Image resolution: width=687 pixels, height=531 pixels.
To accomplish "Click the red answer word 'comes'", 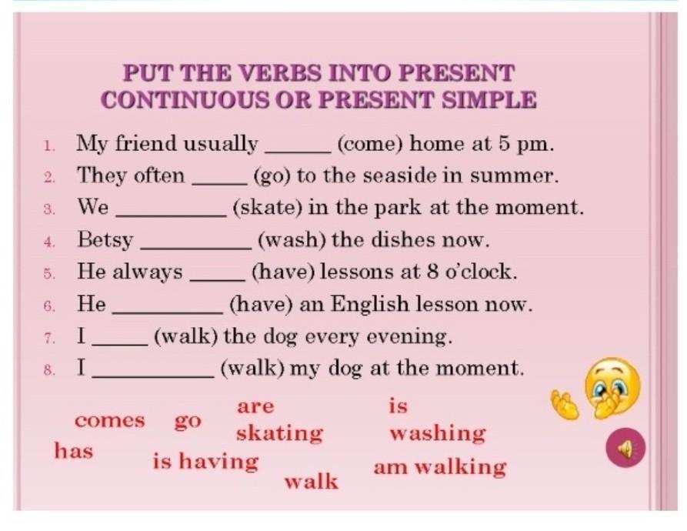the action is point(109,421).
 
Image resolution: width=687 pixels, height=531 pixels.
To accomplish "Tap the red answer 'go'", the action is point(188,422).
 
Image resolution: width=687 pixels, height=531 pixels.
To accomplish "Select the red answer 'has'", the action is point(74,451).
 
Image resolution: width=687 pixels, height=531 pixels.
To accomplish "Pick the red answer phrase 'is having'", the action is point(206,462).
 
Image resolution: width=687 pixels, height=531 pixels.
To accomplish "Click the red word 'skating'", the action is point(280,433).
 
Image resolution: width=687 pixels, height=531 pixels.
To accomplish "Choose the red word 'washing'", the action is point(438,433).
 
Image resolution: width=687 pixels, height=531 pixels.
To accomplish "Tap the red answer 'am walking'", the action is point(440,467).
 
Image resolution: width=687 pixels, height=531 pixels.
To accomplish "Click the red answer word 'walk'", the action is point(312,482).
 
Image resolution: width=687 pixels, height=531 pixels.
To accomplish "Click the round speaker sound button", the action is point(625,447).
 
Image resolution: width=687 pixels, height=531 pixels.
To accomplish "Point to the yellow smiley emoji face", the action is point(612,388).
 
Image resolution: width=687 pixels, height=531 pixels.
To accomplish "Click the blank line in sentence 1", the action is point(298,152).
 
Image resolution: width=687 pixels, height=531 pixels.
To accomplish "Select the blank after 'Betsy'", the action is point(196,249).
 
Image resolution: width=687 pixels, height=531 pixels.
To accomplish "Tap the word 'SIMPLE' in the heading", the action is point(489,99).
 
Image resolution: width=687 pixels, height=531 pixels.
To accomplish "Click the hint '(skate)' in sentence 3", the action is point(268,208).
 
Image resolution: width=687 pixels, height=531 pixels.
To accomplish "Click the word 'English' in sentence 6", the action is point(369,304).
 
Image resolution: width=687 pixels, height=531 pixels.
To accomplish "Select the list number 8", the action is point(49,370).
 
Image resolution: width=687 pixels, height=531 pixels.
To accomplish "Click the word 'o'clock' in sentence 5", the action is point(481,272).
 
